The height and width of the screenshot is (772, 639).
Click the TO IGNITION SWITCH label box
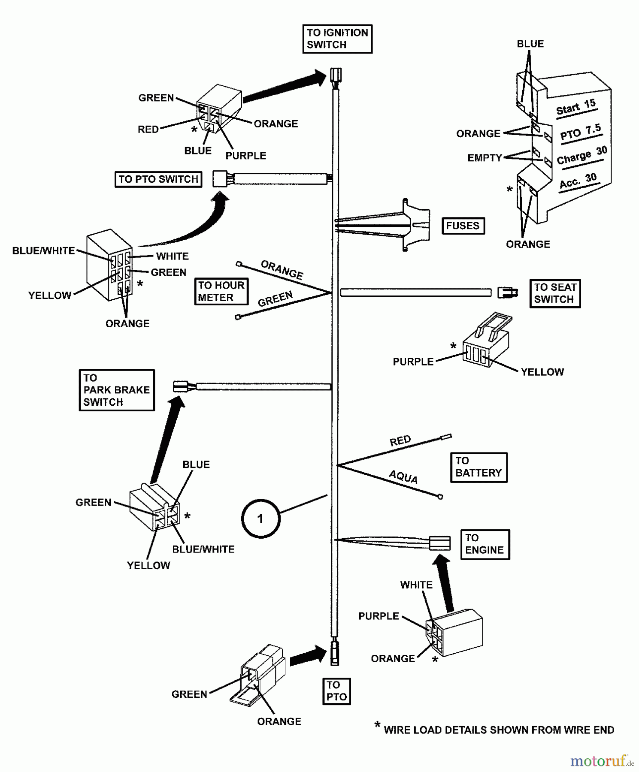337,39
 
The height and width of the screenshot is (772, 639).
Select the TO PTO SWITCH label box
158,179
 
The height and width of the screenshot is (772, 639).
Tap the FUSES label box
463,226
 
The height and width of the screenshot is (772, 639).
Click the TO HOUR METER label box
221,292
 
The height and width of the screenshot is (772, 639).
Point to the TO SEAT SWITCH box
555,293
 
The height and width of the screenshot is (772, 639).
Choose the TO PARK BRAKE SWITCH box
116,390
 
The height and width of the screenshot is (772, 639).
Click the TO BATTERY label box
478,467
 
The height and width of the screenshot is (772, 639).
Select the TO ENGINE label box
485,544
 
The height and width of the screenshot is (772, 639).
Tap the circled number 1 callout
260,519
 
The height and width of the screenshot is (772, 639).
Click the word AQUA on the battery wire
403,477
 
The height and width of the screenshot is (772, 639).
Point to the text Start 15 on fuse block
576,107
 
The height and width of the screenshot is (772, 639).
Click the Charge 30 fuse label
582,156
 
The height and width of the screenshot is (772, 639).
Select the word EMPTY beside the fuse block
485,158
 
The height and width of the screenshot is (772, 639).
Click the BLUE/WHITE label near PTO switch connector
43,251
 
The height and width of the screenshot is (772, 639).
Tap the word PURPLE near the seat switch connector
413,362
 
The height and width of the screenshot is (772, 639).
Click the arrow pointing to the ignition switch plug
285,88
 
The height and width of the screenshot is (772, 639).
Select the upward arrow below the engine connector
446,583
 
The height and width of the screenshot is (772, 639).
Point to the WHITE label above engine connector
416,585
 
